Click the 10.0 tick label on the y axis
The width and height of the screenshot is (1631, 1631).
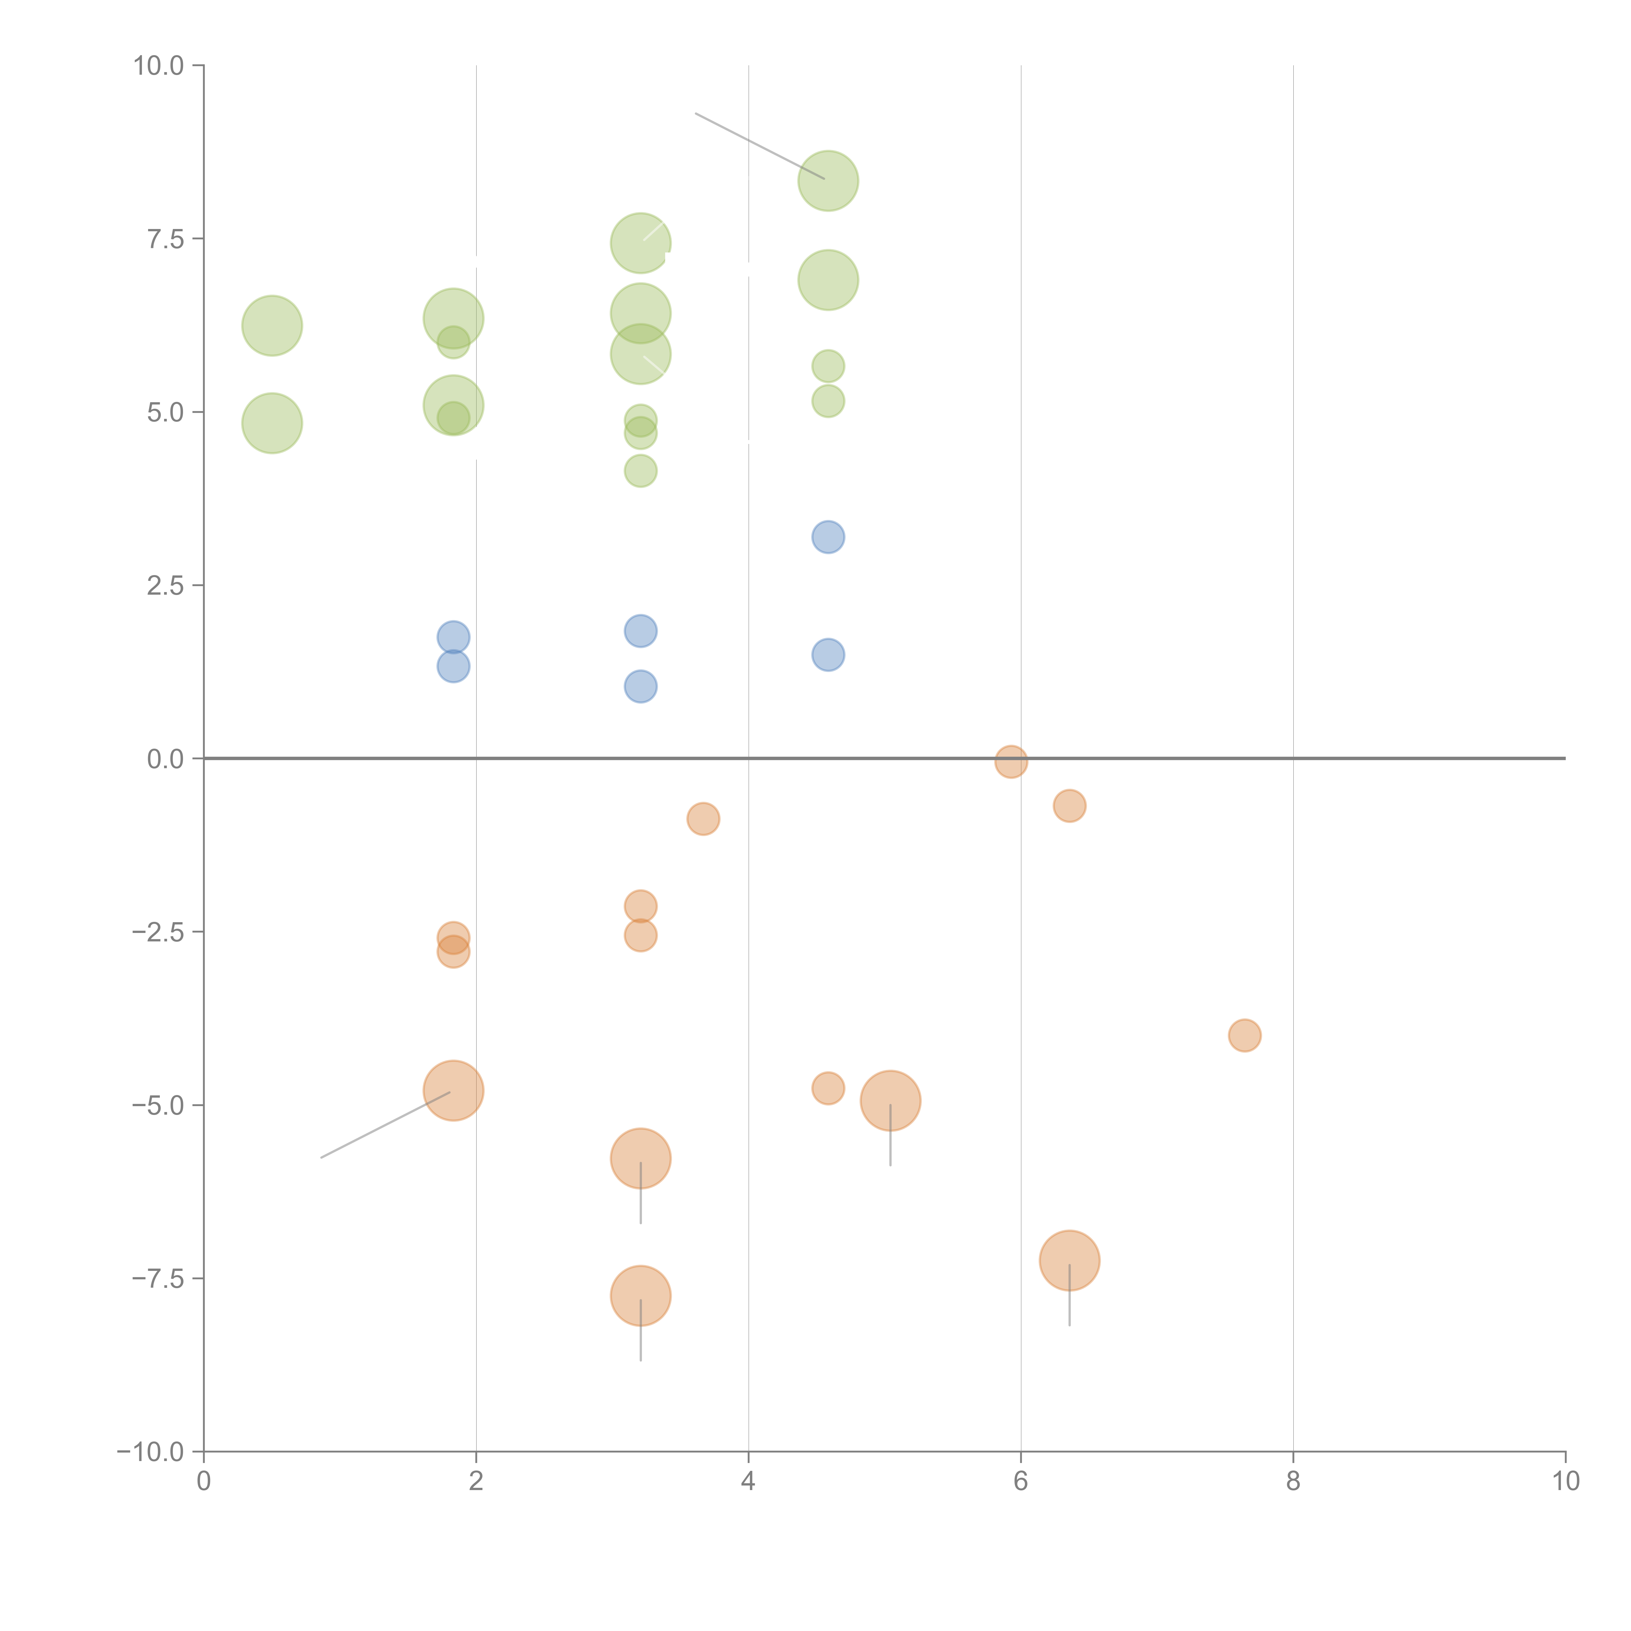(159, 66)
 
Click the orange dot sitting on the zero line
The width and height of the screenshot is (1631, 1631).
(1011, 761)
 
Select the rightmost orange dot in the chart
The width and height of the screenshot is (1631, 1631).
(1244, 1035)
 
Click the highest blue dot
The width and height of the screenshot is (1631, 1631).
(828, 537)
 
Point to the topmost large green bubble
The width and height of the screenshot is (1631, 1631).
(828, 181)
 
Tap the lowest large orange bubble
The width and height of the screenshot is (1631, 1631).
(641, 1296)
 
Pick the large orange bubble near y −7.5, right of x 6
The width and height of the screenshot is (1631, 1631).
(1070, 1260)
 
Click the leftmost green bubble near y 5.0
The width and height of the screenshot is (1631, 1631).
(272, 423)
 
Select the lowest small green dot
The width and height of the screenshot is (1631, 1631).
(641, 471)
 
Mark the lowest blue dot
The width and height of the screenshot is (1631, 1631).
(641, 686)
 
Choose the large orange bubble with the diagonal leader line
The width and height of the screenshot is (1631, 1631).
(453, 1091)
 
